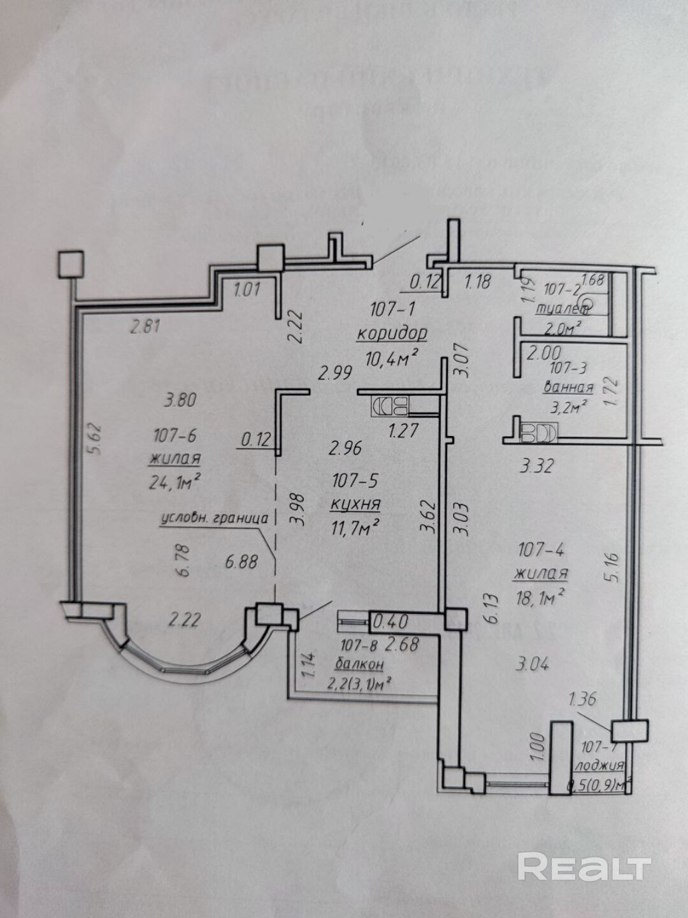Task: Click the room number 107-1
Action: (392, 310)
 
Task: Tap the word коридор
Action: (391, 333)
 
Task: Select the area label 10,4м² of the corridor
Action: (392, 358)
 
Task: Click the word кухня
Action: (355, 504)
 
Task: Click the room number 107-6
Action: (175, 436)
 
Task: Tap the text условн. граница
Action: (213, 518)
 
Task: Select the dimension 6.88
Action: (241, 562)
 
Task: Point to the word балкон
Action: (362, 664)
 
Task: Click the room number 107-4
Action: (541, 549)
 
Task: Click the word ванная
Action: (568, 387)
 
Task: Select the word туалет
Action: (562, 310)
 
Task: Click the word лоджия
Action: (598, 766)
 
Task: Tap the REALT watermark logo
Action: (584, 867)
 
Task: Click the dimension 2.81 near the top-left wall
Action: (145, 328)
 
